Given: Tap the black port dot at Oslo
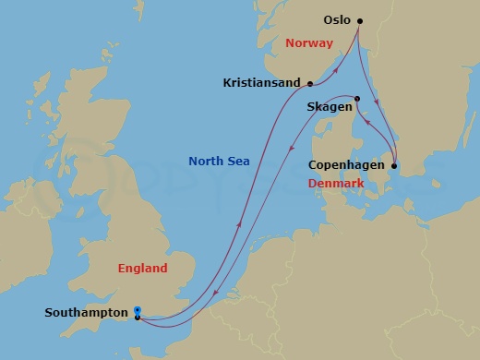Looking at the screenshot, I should pos(360,20).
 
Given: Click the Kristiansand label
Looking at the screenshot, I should pos(262,83).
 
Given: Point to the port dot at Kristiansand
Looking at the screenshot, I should pos(310,83).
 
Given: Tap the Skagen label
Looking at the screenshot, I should pos(329,107).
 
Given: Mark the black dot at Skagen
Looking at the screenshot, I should pos(357,99).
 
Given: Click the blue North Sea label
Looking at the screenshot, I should pos(220,162).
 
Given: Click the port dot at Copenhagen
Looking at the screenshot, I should pos(394,166).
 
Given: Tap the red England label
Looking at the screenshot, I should pos(143,269).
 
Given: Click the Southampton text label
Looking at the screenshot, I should pos(86,313).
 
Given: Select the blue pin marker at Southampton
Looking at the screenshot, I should pos(137,310).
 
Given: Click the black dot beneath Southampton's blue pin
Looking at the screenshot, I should pos(137,318).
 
